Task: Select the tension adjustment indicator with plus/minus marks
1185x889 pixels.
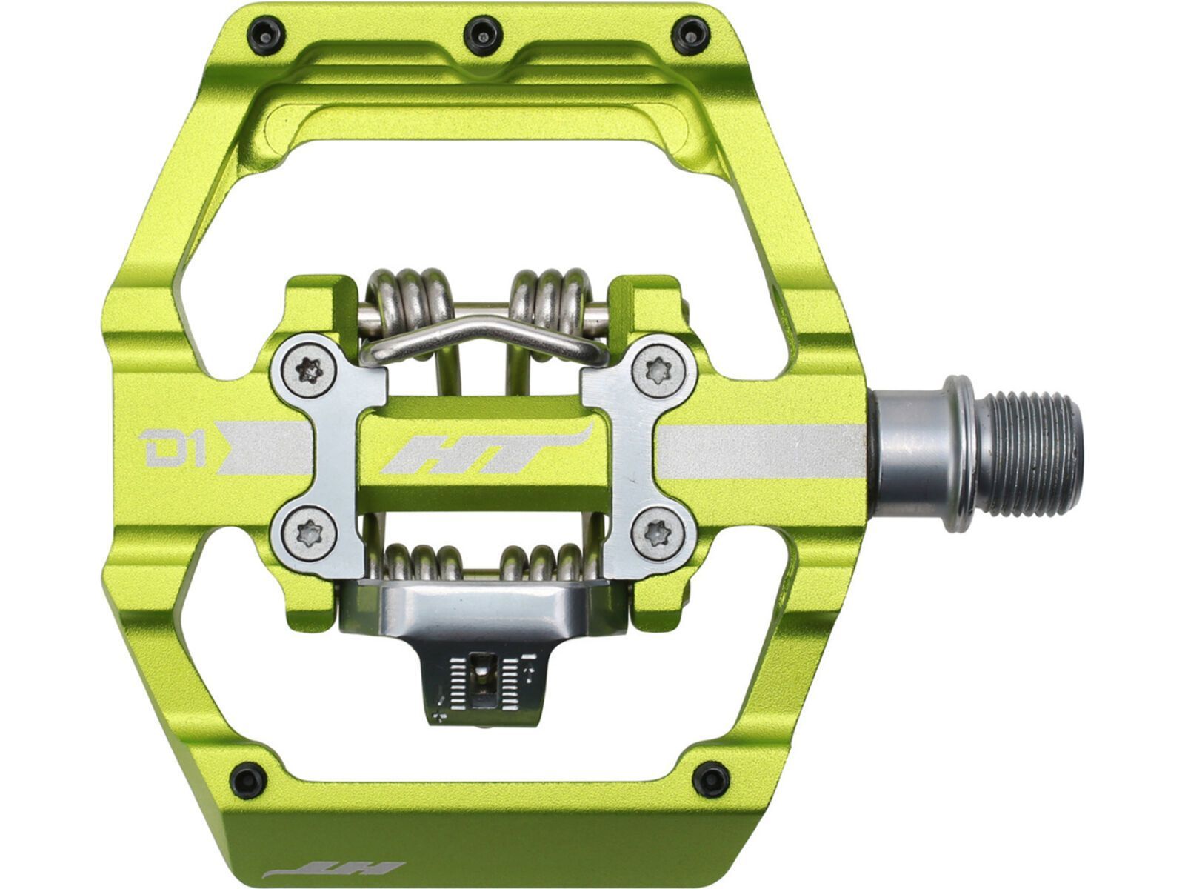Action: [485, 678]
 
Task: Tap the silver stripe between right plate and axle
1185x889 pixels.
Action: [763, 450]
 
